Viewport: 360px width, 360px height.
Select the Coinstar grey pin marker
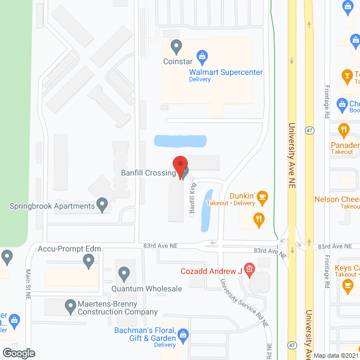pos(176,45)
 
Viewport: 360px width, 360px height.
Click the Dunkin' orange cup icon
pos(263,197)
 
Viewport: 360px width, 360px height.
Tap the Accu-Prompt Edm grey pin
pos(88,260)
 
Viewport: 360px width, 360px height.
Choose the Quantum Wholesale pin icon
pos(124,274)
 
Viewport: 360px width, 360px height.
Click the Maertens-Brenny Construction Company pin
pos(70,307)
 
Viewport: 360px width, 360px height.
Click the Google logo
pos(18,353)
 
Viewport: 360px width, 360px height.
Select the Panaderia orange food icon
pos(344,130)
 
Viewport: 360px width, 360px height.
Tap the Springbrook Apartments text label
pos(52,206)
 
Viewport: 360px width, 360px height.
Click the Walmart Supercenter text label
pos(226,72)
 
